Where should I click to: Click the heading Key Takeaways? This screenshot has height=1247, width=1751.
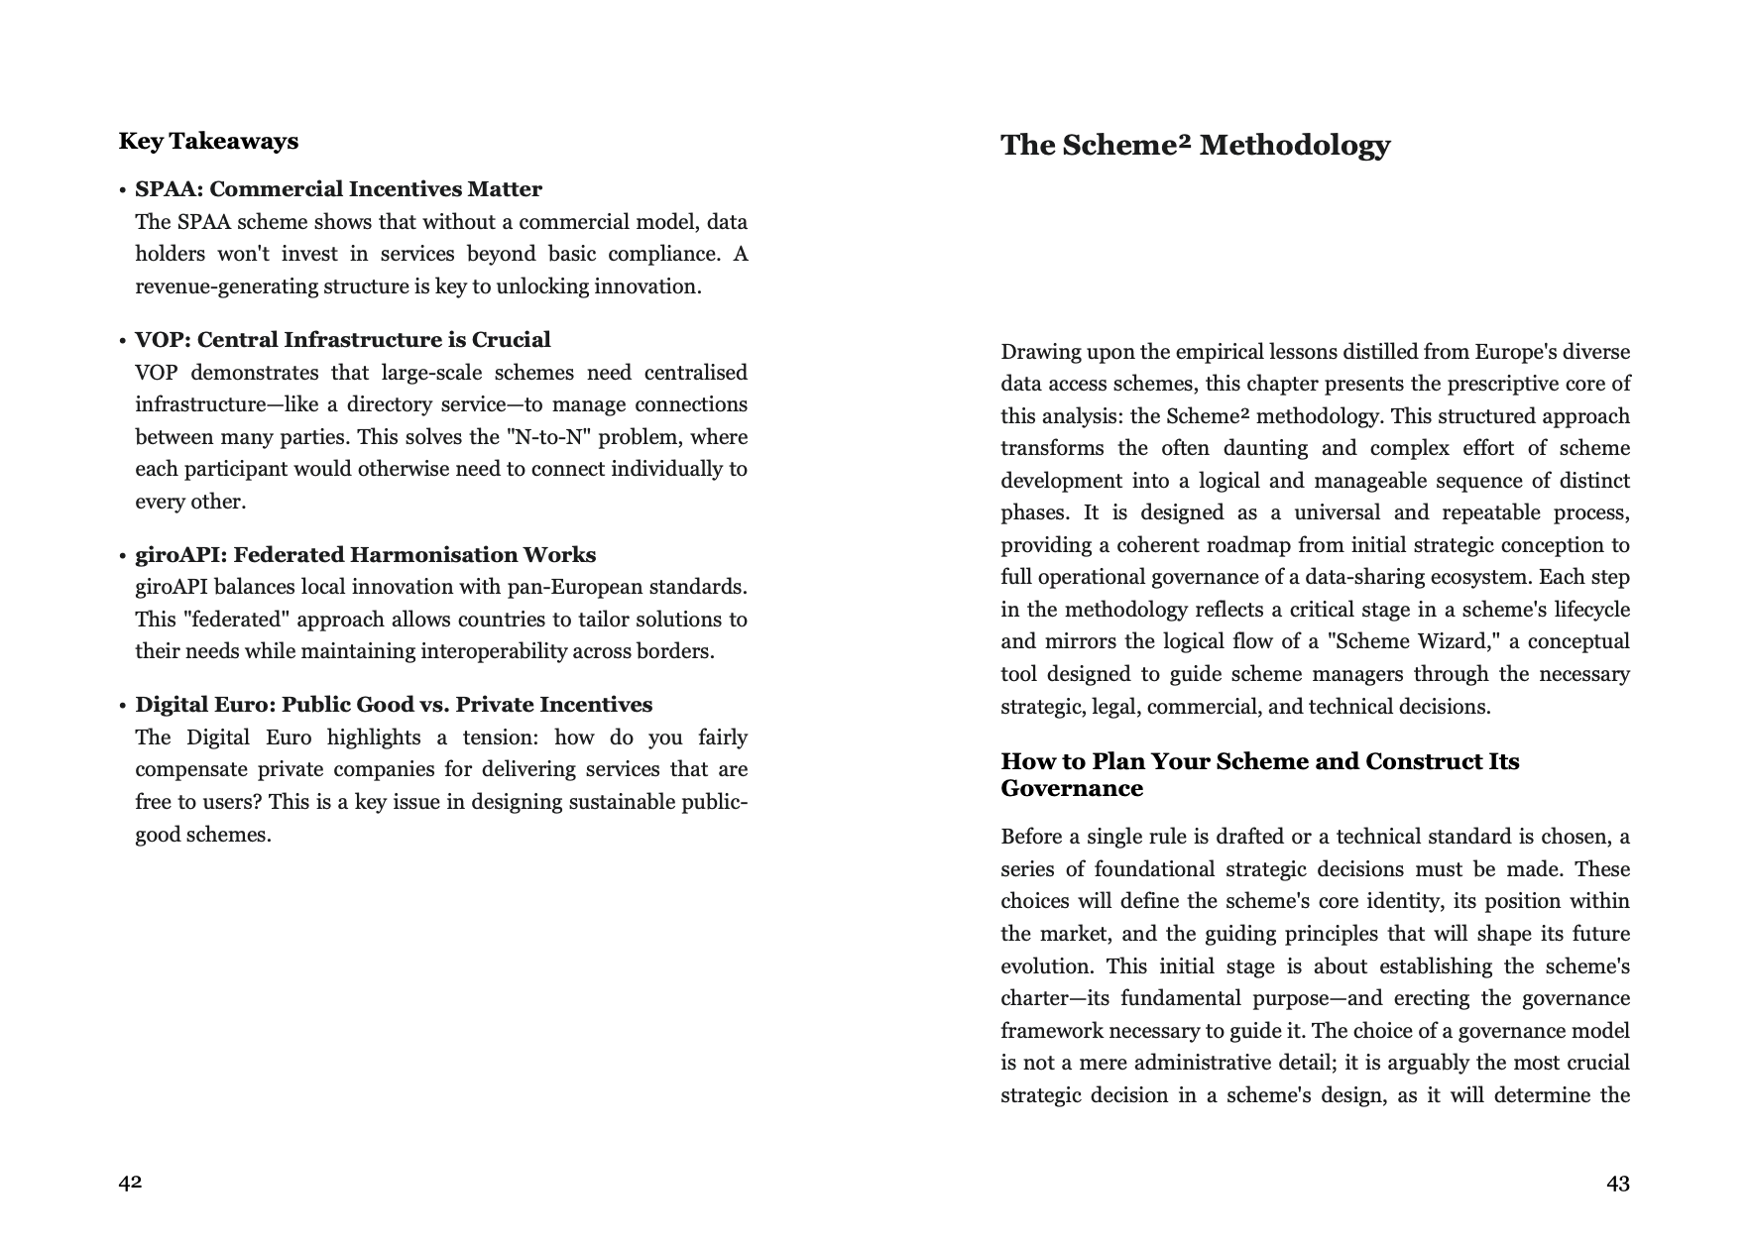(208, 141)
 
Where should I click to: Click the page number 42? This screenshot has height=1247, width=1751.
(130, 1182)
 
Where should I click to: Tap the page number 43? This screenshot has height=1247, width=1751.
(1617, 1183)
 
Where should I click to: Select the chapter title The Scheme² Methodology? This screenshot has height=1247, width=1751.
(1195, 145)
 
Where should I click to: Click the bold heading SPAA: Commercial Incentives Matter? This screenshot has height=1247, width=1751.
(338, 189)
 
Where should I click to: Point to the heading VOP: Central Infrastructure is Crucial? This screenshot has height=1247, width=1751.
(342, 340)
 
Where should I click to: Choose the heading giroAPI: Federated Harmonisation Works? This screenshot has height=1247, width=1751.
(365, 555)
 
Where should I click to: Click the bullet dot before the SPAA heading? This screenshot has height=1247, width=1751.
(122, 190)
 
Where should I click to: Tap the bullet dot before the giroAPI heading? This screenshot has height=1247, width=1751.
(122, 556)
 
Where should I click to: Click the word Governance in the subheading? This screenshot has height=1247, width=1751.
(1072, 789)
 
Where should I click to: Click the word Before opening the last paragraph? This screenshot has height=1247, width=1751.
(1031, 837)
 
